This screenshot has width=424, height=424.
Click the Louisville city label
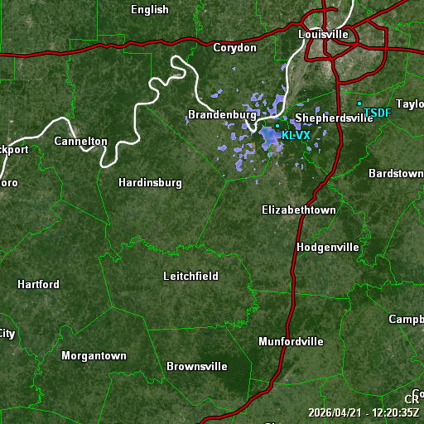[323, 35]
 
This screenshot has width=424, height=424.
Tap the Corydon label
[235, 48]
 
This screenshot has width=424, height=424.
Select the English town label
[150, 10]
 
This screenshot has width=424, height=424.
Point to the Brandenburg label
[222, 114]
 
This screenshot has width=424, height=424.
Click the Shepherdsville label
[334, 118]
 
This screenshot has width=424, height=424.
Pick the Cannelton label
[80, 142]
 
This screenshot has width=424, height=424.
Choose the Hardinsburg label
[150, 182]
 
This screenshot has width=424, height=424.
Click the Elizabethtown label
[299, 210]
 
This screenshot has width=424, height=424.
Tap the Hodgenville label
[328, 248]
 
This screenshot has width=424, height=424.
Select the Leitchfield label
[190, 276]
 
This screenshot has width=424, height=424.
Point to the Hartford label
[38, 285]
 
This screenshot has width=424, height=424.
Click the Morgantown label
[94, 356]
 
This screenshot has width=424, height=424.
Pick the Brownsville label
[197, 366]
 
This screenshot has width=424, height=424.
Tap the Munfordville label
[291, 341]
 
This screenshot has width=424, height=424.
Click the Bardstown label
[396, 174]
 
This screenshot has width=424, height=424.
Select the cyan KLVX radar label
[296, 135]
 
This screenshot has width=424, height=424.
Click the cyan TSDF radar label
[377, 113]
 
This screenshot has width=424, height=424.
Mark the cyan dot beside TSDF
[359, 104]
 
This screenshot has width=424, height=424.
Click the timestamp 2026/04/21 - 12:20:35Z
[364, 412]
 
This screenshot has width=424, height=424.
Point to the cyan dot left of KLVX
[277, 127]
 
